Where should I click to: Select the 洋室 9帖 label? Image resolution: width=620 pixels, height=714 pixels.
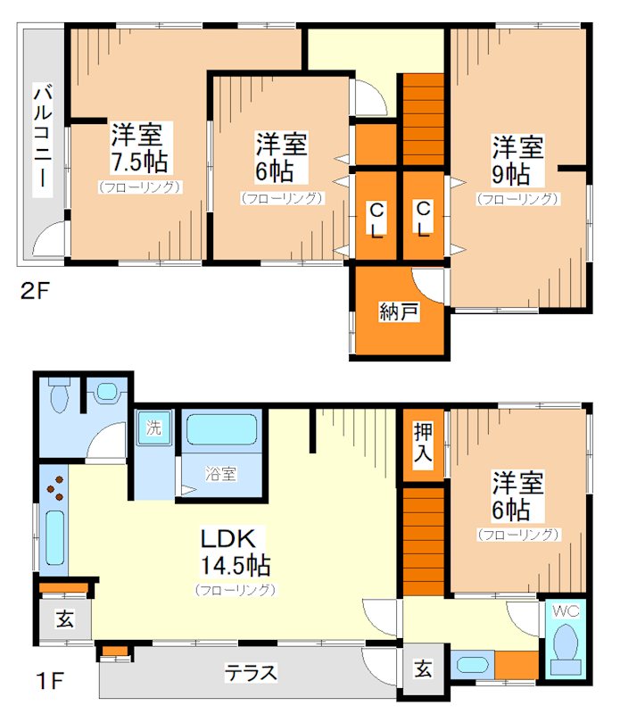517,161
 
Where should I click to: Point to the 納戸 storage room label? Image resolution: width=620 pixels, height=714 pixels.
399,311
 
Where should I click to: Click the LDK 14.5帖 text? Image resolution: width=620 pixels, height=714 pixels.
235,552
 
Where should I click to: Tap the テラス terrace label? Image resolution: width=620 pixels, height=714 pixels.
251,673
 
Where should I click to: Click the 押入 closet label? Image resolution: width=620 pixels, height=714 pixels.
423,442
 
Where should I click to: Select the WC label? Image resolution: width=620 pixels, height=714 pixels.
566,611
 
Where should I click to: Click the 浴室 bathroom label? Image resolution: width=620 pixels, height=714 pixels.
220,474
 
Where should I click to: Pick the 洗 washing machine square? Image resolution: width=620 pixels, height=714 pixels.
154,428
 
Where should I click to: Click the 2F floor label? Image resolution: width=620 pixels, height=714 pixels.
35,292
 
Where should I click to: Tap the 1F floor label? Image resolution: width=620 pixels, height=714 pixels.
49,681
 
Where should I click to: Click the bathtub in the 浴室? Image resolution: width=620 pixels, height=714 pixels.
222,429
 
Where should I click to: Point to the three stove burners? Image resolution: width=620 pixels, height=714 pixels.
56,488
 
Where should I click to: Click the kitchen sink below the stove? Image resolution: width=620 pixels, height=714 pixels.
54,538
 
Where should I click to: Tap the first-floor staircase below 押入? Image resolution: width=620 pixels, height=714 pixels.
424,542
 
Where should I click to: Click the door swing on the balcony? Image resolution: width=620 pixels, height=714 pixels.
49,238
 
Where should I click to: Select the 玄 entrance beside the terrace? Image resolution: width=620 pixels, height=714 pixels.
424,668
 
